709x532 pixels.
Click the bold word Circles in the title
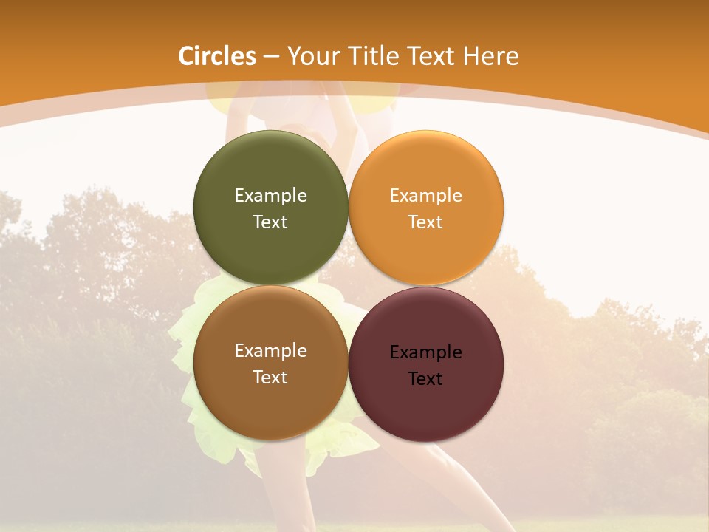click(x=217, y=56)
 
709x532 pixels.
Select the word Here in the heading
click(x=491, y=56)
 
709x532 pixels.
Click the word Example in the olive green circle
click(x=270, y=196)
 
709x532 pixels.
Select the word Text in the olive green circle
click(x=270, y=222)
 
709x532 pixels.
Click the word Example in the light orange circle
click(x=425, y=196)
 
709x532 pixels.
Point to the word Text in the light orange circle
click(x=425, y=222)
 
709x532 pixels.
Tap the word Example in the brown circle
click(x=270, y=351)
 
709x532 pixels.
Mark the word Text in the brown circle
click(x=270, y=378)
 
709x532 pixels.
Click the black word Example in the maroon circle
click(x=425, y=352)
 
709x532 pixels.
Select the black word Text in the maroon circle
click(x=425, y=379)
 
